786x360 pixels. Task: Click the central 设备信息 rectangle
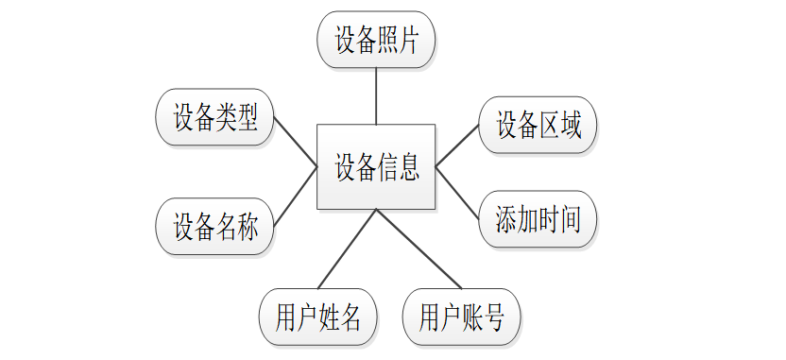[376, 166]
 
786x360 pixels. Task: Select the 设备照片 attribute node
[376, 40]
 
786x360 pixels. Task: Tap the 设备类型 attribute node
[215, 117]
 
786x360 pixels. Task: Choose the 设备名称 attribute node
[215, 226]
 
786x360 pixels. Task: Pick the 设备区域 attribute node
[538, 125]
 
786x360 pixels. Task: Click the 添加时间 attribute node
[538, 219]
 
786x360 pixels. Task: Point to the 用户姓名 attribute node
[318, 317]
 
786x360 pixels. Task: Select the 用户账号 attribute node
[462, 317]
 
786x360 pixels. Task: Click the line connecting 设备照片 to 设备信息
[376, 96]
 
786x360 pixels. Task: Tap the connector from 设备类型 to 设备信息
[296, 142]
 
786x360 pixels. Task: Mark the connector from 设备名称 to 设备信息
[296, 196]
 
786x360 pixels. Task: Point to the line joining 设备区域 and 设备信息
[457, 146]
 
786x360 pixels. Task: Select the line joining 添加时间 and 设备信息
[457, 193]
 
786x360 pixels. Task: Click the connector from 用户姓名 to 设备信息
[347, 249]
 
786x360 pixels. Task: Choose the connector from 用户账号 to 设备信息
[419, 249]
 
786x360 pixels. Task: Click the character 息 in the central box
[408, 167]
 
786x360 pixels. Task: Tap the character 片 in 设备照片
[408, 40]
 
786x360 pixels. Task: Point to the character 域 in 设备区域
[571, 126]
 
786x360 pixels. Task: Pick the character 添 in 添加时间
[505, 219]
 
